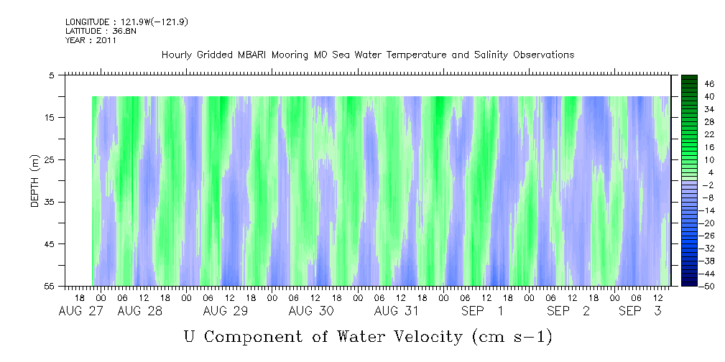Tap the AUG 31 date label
(396, 311)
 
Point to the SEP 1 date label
(482, 311)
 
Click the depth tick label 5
(52, 75)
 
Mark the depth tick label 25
(50, 159)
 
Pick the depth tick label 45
(50, 244)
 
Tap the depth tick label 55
(50, 287)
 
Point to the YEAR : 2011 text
(91, 41)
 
